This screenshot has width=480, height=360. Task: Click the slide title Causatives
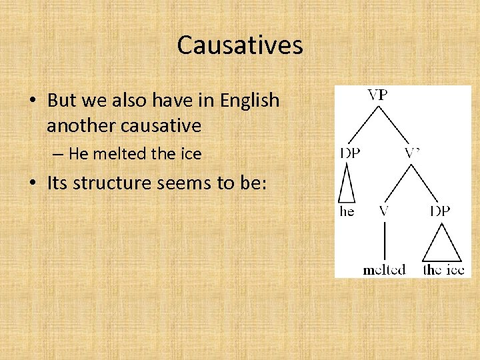click(240, 45)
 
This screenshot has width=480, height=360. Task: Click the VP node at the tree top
click(377, 95)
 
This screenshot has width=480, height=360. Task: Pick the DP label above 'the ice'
click(440, 211)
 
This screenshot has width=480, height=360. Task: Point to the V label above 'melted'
click(384, 211)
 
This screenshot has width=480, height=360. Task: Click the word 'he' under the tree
click(347, 211)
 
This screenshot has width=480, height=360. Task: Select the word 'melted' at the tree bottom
click(384, 269)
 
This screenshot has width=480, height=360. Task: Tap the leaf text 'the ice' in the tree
click(443, 269)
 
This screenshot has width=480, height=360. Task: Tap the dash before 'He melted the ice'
click(59, 155)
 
